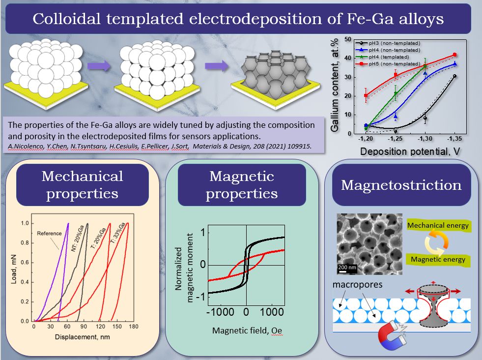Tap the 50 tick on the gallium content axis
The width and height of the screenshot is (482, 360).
tap(348, 39)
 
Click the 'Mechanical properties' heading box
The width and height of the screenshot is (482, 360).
tap(83, 184)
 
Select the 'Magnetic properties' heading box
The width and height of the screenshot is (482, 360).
tap(241, 184)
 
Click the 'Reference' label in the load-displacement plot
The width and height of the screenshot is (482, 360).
tap(50, 234)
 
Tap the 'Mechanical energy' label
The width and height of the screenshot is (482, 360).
tap(439, 226)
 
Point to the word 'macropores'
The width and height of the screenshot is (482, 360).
tap(358, 285)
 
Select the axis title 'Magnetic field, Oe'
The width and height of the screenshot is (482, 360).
tap(247, 330)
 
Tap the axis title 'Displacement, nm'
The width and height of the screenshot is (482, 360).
tap(81, 338)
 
